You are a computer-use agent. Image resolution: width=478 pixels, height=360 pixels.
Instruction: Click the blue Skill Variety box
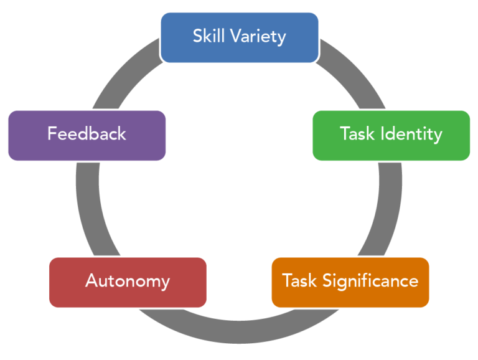240,37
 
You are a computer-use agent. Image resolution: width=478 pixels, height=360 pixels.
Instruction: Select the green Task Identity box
391,135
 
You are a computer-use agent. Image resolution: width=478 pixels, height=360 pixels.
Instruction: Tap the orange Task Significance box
350,282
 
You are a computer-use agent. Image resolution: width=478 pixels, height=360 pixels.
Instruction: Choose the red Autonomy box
128,282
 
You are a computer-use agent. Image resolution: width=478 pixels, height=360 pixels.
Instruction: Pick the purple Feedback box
87,135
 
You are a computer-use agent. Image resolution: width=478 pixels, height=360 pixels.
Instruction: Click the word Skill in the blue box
207,36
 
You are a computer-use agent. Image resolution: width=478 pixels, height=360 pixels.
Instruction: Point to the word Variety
258,37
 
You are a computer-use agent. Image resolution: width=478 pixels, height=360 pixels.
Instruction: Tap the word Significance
370,282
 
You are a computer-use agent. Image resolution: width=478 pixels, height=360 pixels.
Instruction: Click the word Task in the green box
357,134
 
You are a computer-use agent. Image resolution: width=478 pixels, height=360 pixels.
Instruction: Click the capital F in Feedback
52,134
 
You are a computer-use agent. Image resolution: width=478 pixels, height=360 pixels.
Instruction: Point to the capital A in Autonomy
91,281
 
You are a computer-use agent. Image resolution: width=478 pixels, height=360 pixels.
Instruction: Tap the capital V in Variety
235,36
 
